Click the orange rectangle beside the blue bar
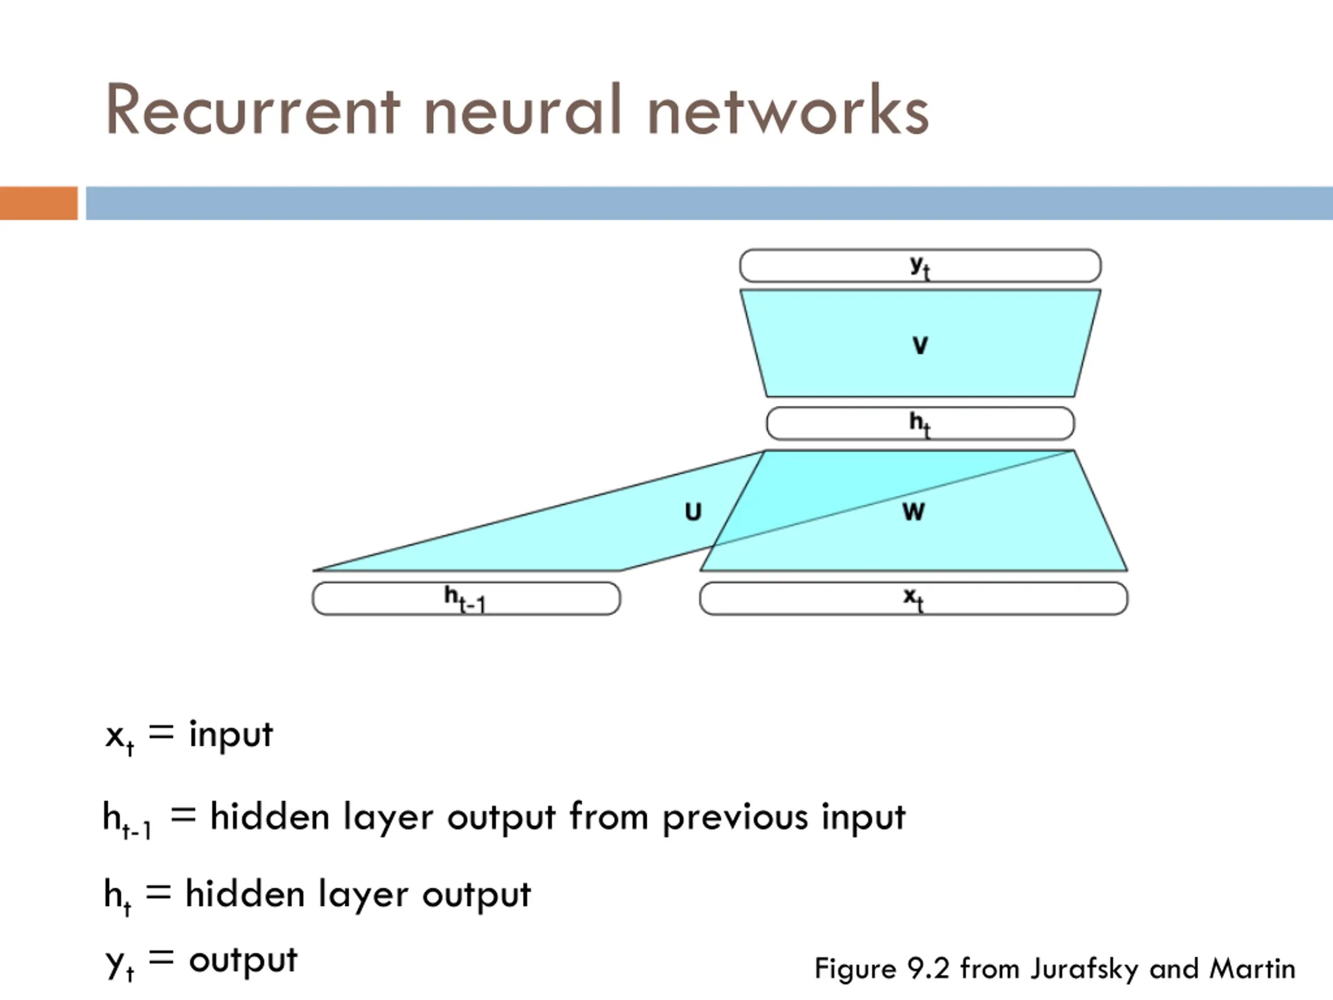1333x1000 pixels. pos(39,203)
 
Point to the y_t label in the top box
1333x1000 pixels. pos(920,267)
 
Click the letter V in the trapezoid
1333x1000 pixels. pos(920,345)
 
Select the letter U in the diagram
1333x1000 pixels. pos(693,512)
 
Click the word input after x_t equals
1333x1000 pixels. pos(231,735)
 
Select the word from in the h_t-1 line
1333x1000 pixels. pos(609,817)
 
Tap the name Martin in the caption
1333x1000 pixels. pos(1252,969)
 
